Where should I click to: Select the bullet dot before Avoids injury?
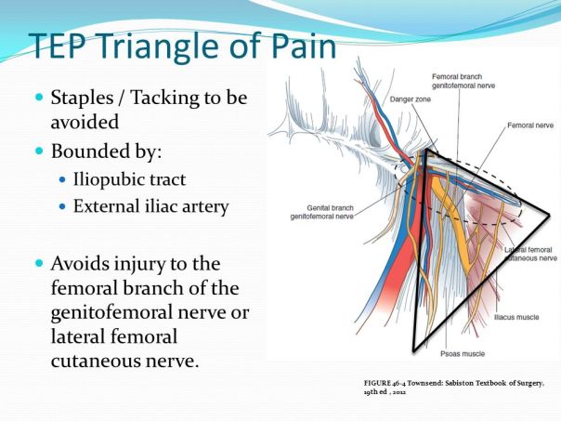pos(39,264)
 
